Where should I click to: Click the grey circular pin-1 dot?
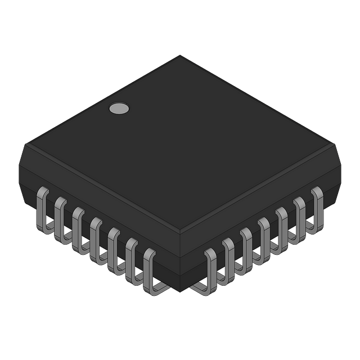[119, 109]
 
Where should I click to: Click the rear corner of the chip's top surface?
[180, 55]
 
